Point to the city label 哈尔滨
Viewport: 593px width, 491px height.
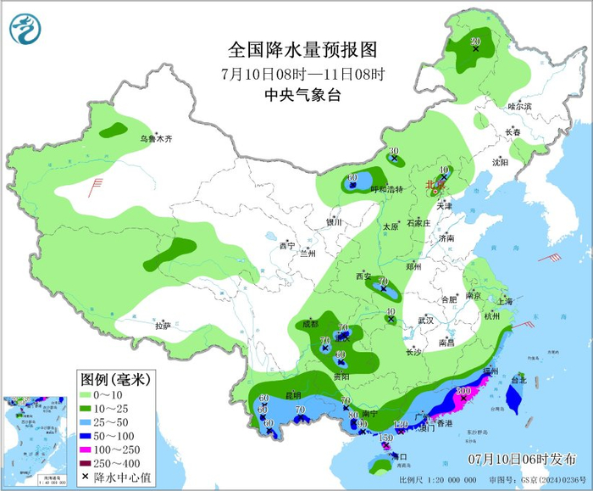(518, 106)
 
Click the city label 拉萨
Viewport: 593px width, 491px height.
(163, 325)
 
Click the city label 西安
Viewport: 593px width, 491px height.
(363, 276)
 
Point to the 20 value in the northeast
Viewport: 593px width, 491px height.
(475, 42)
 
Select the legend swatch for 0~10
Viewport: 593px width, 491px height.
(86, 394)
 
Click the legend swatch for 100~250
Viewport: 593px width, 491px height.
(86, 449)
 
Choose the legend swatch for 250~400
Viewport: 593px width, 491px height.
(86, 463)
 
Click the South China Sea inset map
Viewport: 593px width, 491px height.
(35, 441)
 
